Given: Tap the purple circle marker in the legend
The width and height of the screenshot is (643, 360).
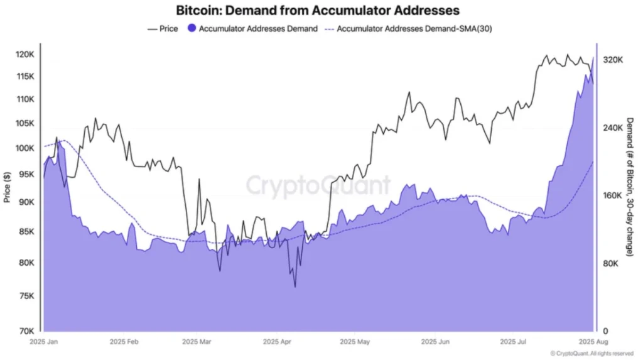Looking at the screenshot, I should point(192,29).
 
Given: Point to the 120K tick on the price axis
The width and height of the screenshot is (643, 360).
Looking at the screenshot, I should point(26,55).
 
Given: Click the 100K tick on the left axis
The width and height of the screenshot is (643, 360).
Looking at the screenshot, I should point(26,148).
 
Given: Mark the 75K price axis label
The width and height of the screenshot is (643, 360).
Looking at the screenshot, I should point(27,297).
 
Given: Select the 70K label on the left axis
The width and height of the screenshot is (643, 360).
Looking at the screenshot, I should point(27,331).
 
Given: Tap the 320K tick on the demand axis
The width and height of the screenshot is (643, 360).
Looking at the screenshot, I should point(612,60).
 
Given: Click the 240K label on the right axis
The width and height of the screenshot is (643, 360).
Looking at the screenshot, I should point(612,128).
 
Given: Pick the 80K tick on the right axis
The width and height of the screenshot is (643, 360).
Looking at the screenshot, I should point(610,264).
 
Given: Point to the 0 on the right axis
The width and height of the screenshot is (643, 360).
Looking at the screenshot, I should point(605,331).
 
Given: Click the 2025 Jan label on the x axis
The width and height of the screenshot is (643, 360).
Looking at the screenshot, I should point(45,343).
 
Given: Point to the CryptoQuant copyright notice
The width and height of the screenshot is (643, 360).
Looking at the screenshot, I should point(591,354).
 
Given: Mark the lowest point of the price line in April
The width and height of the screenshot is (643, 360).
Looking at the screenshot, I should point(294,287).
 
